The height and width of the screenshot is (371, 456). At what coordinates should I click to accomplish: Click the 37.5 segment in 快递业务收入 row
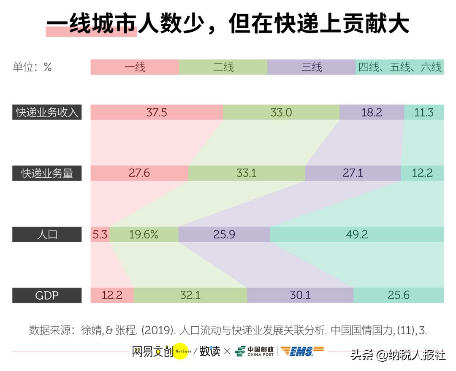[157, 112]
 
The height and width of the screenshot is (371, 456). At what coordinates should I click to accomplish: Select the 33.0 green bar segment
[281, 112]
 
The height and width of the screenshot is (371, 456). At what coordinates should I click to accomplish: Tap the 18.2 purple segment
[372, 112]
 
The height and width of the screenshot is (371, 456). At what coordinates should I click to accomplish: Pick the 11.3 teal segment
[424, 112]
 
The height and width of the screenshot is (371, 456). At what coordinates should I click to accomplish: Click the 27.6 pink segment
[139, 173]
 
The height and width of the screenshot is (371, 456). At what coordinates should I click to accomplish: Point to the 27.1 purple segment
[353, 173]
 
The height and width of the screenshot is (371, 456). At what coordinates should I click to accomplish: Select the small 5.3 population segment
[100, 234]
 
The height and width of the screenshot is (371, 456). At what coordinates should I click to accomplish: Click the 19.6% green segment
[144, 234]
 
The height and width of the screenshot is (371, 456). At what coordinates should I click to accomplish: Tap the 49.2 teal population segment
[357, 234]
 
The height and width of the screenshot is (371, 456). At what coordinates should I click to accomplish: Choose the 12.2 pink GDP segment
[112, 295]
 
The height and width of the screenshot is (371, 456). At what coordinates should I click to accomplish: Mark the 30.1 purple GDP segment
[300, 295]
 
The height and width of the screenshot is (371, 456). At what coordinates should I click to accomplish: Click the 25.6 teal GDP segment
[399, 295]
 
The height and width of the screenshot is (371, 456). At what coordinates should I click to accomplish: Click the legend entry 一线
[135, 67]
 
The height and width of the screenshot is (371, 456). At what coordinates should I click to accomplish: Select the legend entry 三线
[312, 67]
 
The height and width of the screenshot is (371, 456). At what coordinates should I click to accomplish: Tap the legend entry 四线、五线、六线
[400, 67]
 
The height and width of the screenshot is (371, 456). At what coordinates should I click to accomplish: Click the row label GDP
[47, 295]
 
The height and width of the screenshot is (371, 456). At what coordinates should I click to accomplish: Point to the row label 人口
[47, 234]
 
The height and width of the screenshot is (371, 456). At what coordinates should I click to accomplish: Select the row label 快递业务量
[47, 173]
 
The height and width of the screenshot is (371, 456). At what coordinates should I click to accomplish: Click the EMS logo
[302, 351]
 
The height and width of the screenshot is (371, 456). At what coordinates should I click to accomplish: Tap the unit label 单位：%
[32, 67]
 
